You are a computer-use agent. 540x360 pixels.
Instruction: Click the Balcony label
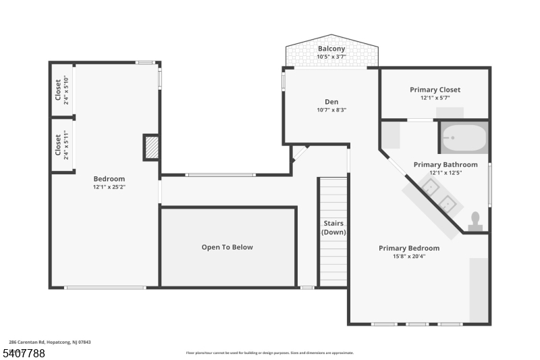[x=331, y=49]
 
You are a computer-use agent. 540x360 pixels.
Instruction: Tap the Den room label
[x=331, y=102]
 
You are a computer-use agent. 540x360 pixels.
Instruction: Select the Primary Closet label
[x=435, y=90]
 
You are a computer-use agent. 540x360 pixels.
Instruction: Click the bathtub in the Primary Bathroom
[x=464, y=138]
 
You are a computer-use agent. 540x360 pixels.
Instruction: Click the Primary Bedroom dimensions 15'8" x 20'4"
[x=409, y=256]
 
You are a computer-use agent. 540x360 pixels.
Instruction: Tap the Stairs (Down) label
[x=333, y=228]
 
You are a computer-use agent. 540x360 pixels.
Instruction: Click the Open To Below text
[x=227, y=247]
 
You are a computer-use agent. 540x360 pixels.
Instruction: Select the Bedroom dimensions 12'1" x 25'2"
[x=109, y=186]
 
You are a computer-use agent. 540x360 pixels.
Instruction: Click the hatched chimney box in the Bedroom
[x=153, y=147]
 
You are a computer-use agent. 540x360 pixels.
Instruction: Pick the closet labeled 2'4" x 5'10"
[x=61, y=91]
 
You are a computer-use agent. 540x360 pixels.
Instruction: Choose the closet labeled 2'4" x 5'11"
[x=61, y=145]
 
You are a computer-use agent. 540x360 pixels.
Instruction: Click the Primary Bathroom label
[x=446, y=165]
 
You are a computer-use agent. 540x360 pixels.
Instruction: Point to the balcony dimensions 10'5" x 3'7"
[x=331, y=57]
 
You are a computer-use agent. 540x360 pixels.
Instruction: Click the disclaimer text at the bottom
[x=270, y=353]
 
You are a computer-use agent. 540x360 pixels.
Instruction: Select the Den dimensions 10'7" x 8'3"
[x=331, y=110]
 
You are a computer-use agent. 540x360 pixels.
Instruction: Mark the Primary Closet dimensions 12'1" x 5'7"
[x=435, y=98]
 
